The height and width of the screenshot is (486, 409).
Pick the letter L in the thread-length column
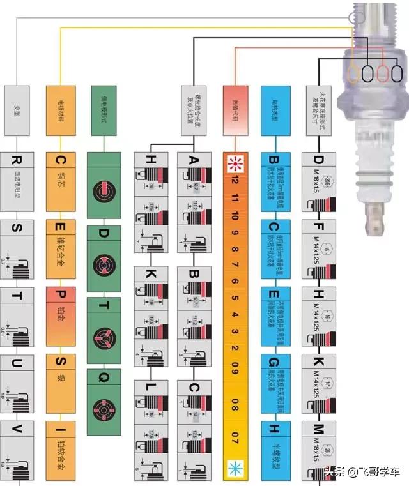(151, 388)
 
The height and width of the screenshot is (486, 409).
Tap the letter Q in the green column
(104, 377)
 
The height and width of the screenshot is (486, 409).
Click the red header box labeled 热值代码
(234, 110)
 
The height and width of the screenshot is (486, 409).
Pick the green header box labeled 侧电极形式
(104, 110)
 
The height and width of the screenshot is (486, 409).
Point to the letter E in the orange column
(61, 228)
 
